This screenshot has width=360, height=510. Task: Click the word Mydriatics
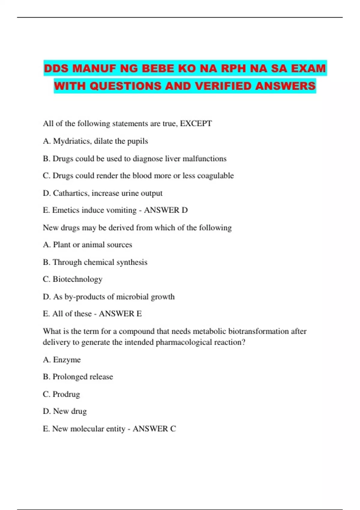point(70,141)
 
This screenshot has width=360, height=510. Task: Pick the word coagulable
point(215,175)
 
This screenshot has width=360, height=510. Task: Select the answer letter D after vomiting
point(184,210)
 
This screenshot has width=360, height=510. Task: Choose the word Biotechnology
point(77,279)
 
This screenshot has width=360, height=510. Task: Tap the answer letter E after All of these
point(139,314)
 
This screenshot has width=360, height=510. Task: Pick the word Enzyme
point(67,360)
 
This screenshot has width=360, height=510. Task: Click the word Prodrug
point(66,394)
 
